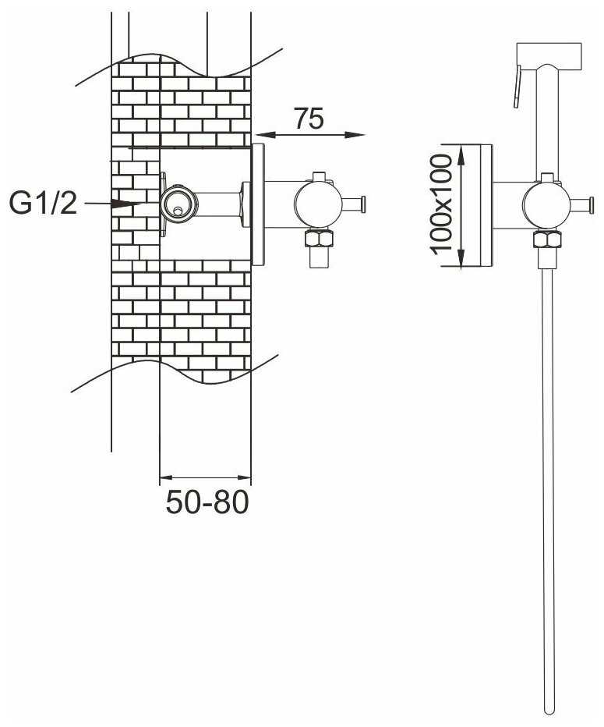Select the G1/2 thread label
[x=43, y=204]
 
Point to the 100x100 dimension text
[x=442, y=204]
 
